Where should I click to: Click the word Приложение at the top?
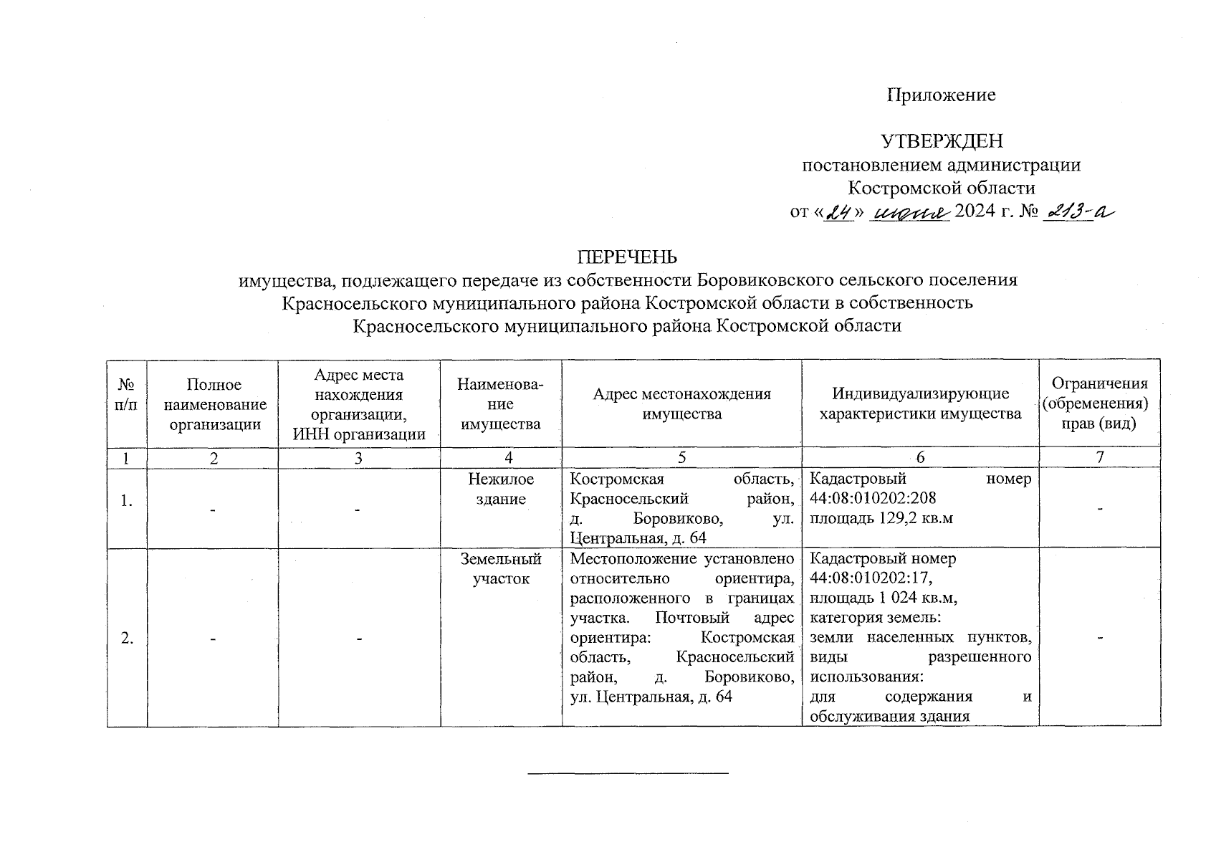coord(941,95)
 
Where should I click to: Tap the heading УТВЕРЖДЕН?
coord(942,141)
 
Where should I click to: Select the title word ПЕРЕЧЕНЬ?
coord(627,257)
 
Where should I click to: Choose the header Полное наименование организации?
coord(213,404)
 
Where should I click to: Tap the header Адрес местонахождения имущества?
coord(681,403)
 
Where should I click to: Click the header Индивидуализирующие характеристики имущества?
coord(920,403)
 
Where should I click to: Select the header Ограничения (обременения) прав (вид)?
coord(1099,403)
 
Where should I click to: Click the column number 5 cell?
coord(681,457)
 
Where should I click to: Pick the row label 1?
coord(127,500)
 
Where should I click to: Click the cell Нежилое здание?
coord(501,489)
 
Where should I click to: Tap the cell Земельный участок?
coord(501,568)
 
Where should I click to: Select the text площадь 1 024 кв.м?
coord(883,597)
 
